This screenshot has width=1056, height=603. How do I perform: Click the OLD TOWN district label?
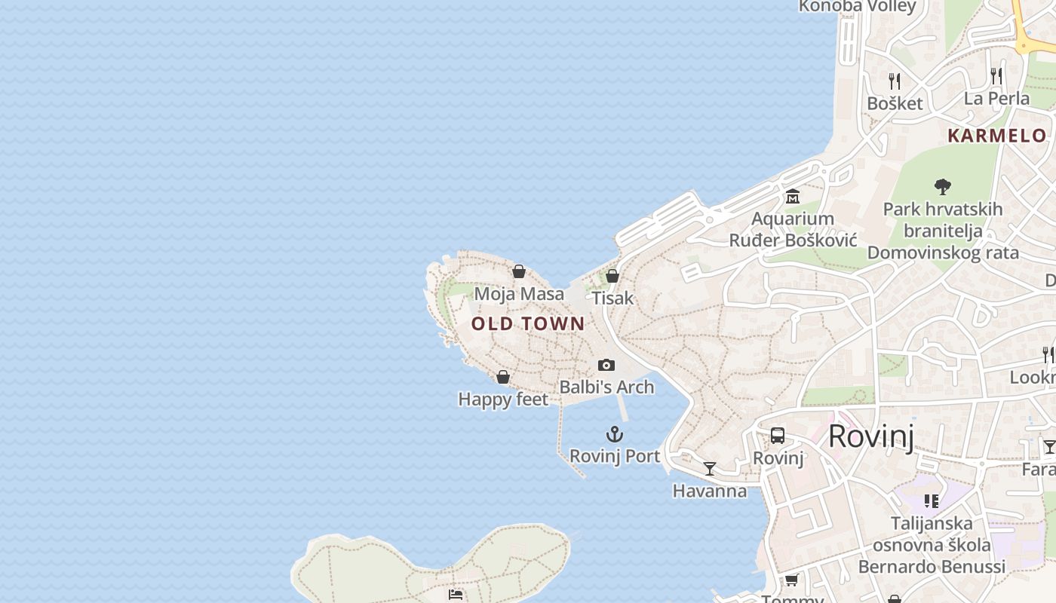click(528, 324)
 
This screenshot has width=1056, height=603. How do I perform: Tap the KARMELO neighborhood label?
click(996, 136)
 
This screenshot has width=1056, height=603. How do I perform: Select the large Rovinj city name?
click(871, 436)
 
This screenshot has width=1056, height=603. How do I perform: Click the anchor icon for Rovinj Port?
click(615, 434)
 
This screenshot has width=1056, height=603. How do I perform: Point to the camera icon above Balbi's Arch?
click(606, 366)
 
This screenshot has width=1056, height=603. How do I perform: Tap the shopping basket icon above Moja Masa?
click(519, 271)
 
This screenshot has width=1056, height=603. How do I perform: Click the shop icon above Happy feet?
click(503, 377)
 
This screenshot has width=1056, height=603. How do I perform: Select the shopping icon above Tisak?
click(612, 276)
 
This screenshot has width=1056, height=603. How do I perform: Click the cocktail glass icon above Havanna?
click(710, 469)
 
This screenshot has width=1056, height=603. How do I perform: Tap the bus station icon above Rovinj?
click(778, 436)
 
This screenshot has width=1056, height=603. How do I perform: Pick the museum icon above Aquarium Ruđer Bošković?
click(793, 197)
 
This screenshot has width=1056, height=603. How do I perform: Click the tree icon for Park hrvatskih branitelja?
click(942, 186)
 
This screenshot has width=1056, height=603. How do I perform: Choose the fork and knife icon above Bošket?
click(895, 81)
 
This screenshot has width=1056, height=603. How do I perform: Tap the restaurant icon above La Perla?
click(996, 75)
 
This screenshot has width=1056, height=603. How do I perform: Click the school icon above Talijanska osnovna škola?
click(932, 501)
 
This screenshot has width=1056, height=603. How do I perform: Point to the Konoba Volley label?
click(857, 6)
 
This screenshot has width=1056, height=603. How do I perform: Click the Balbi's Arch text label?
click(606, 387)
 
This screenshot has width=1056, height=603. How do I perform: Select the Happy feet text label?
click(503, 399)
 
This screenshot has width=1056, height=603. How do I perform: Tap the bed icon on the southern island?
click(456, 595)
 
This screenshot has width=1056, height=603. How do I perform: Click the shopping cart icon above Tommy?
click(791, 580)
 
